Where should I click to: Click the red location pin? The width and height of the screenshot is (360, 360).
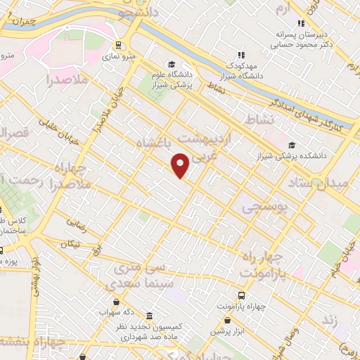180,165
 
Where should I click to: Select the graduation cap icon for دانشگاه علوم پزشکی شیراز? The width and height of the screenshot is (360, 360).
173,64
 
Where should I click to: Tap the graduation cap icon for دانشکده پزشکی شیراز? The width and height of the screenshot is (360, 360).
292,146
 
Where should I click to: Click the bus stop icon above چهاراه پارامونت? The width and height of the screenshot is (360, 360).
241,296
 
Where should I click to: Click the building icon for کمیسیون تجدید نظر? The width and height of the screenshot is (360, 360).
148,316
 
